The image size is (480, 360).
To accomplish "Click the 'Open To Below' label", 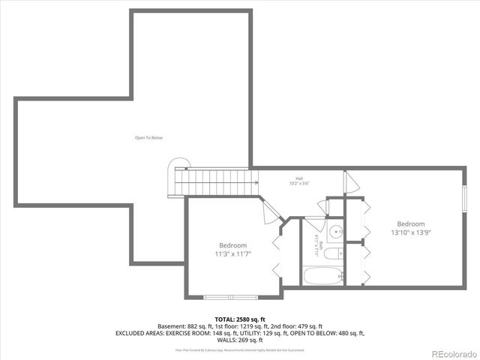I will [148, 138].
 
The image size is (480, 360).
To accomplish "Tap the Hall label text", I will [298, 178].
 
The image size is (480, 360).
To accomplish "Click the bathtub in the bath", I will [323, 275].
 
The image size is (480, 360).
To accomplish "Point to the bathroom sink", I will [337, 232].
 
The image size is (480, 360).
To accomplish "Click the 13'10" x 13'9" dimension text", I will [410, 232].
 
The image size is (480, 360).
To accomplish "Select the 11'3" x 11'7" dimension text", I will [232, 254].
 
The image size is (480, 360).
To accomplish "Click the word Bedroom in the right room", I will [410, 223].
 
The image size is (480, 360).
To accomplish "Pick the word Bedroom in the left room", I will [232, 245].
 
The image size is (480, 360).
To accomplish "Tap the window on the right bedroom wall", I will [463, 199].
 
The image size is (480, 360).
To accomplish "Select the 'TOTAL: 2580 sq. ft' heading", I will [239, 319].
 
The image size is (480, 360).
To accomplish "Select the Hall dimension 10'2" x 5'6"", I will [298, 183].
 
